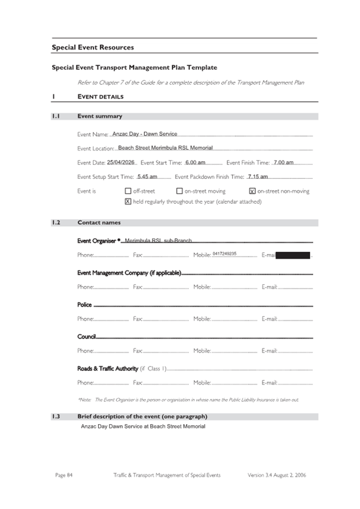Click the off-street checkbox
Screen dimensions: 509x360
(128, 191)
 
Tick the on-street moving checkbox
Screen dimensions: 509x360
(180, 191)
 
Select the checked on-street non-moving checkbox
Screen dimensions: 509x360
(252, 191)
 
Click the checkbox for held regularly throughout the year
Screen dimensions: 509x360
(128, 202)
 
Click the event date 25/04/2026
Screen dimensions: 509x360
(121, 162)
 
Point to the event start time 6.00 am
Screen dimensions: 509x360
(195, 162)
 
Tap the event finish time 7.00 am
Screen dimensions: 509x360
(283, 162)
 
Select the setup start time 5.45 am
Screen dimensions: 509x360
(147, 177)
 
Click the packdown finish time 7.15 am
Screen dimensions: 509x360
(258, 177)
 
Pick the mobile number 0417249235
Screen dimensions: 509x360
(224, 254)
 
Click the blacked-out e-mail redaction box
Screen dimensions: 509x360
(293, 256)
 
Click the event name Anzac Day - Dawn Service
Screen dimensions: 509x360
(145, 134)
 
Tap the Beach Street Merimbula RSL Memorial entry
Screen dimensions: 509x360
(165, 148)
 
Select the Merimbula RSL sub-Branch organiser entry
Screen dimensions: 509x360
(158, 241)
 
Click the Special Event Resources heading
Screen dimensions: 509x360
(93, 47)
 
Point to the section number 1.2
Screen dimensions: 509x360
(56, 222)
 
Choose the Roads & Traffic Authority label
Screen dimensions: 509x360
(108, 368)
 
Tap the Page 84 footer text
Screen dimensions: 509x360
(64, 475)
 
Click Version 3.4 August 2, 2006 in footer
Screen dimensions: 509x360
(277, 475)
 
